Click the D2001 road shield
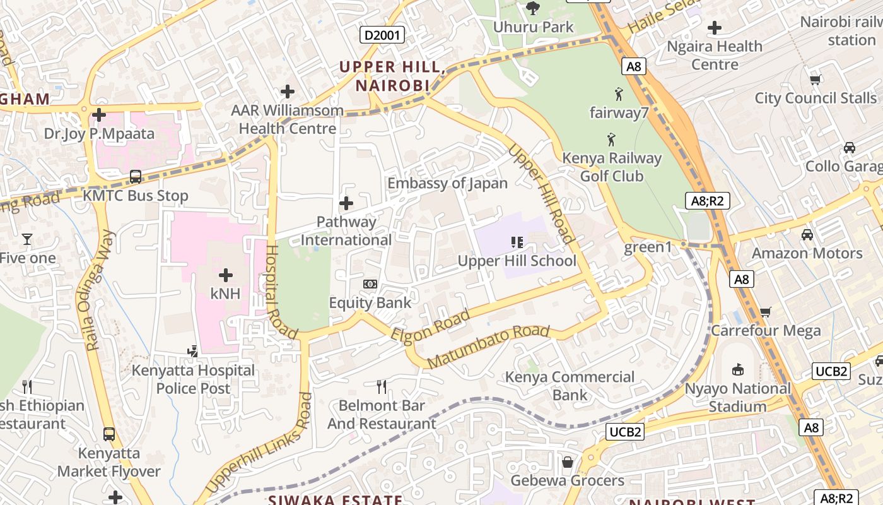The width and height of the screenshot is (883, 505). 382,35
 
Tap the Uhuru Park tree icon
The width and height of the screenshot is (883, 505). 533,8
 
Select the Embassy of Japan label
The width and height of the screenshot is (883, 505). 447,183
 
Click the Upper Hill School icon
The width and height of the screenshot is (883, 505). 517,242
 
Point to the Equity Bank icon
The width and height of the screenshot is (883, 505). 370,284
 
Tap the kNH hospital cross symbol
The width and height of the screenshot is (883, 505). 226,275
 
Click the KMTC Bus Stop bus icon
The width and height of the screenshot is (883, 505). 136,176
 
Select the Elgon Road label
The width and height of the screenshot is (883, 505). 431,326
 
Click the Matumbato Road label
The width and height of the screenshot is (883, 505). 488,347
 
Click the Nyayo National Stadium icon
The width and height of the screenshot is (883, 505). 737,369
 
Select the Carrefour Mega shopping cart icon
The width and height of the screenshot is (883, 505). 766,311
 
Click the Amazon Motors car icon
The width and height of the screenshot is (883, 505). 807,235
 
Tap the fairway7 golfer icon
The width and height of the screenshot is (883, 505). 619,94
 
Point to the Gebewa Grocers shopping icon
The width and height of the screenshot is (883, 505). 567,462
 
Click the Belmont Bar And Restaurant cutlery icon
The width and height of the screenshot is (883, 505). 382,386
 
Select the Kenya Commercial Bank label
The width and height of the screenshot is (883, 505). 570,386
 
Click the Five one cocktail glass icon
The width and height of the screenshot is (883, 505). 26,239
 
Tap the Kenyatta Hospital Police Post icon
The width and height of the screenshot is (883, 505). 193,351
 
